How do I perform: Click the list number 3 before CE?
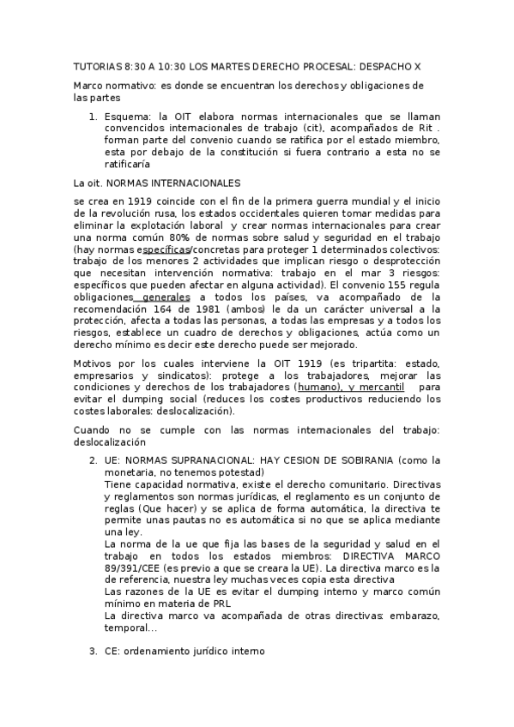point(93,651)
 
